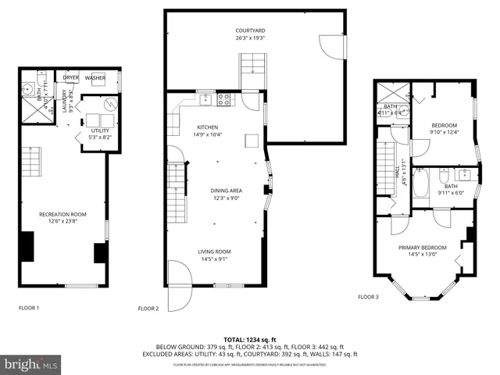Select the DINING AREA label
click(226, 190)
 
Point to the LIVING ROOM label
click(213, 251)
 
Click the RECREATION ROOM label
click(62, 213)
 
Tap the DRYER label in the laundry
click(71, 77)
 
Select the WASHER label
click(95, 77)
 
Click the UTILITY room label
click(99, 130)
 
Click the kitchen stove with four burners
click(224, 99)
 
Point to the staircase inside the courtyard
click(252, 66)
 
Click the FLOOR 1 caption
click(29, 308)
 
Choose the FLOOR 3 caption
click(368, 297)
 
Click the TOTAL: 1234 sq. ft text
click(250, 339)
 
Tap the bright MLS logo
click(31, 365)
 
